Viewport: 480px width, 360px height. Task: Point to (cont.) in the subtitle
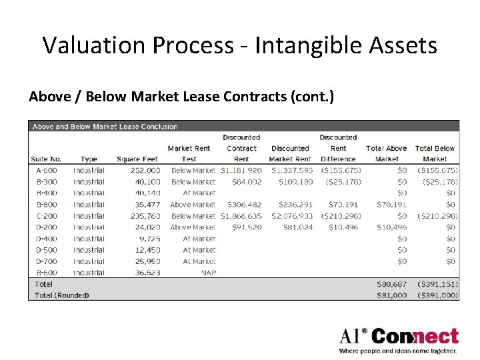tap(312, 97)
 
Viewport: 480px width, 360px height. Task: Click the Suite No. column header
tap(46, 159)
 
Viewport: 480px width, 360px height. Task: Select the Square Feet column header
tap(138, 159)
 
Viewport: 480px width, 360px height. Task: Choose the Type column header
tap(89, 159)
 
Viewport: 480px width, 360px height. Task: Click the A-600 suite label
tap(46, 171)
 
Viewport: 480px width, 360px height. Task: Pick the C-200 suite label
tap(46, 216)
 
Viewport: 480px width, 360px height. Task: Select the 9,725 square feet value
tap(148, 239)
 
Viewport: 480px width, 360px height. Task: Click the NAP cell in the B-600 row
tap(208, 273)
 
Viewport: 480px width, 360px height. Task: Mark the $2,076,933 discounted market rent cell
tap(291, 216)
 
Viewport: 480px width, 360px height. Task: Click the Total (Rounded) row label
tap(61, 295)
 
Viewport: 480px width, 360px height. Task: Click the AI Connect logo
tap(399, 340)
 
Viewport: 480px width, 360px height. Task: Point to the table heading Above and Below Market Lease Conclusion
tap(105, 127)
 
